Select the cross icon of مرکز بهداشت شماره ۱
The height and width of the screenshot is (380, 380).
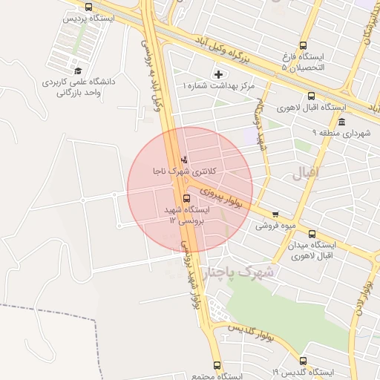217,73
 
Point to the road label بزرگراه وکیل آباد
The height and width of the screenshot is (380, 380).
230,47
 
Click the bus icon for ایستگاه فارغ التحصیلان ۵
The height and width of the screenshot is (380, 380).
304,46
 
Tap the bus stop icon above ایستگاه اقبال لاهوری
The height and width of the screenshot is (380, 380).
311,96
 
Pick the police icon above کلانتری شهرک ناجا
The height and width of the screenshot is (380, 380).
184,159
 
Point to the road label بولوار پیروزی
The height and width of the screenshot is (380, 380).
221,197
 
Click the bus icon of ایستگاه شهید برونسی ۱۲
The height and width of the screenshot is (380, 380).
186,198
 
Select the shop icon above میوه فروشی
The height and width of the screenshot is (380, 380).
275,214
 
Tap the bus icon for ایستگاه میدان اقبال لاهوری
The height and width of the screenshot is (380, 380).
311,234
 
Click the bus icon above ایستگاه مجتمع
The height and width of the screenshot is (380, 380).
217,365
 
